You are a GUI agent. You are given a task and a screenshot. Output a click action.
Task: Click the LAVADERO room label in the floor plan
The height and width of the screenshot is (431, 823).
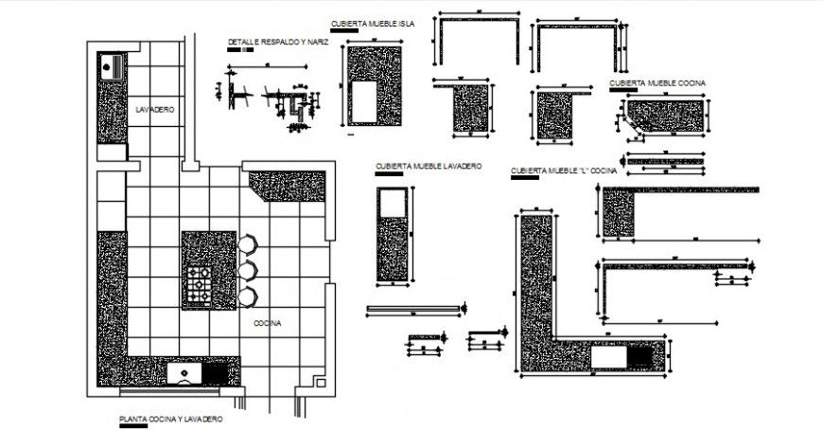pos(154,111)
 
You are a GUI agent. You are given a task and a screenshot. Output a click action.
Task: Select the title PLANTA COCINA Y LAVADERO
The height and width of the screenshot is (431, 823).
pos(170,418)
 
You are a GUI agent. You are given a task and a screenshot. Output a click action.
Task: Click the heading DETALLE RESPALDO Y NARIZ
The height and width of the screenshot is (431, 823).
pos(277,43)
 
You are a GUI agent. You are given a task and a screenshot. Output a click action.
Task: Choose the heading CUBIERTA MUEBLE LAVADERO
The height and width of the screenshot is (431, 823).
pos(429,166)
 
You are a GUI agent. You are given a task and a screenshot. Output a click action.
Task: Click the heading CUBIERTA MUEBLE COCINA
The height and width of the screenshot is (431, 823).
pos(657,83)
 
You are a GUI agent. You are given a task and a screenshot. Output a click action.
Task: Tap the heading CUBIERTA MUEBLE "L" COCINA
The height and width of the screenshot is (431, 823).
pos(564,171)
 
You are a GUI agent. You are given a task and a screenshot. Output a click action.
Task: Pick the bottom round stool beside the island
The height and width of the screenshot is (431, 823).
pos(247,296)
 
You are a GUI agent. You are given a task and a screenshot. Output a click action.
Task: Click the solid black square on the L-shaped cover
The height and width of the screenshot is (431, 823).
pos(639,357)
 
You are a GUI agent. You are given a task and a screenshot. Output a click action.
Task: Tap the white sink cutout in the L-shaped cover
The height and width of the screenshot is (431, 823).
pos(609,357)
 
